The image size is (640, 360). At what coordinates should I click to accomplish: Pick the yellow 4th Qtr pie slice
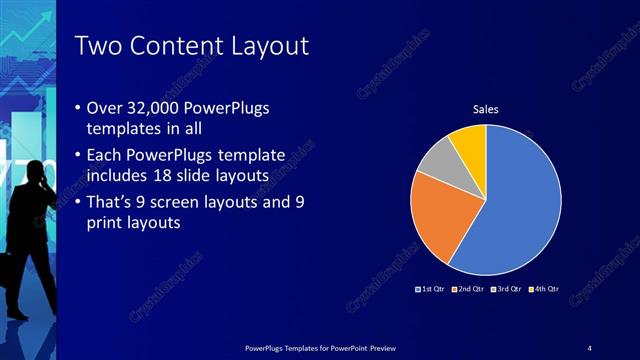(467, 142)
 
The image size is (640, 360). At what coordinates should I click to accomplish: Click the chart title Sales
(485, 110)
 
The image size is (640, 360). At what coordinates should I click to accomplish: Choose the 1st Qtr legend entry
(431, 290)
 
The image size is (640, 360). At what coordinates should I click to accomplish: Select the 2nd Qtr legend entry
(470, 290)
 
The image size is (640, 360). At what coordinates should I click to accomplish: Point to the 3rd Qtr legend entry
(508, 290)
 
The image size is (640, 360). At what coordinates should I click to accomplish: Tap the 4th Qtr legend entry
(546, 290)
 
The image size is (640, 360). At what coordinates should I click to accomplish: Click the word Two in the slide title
(97, 46)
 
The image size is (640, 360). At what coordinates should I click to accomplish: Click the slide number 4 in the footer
(590, 347)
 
